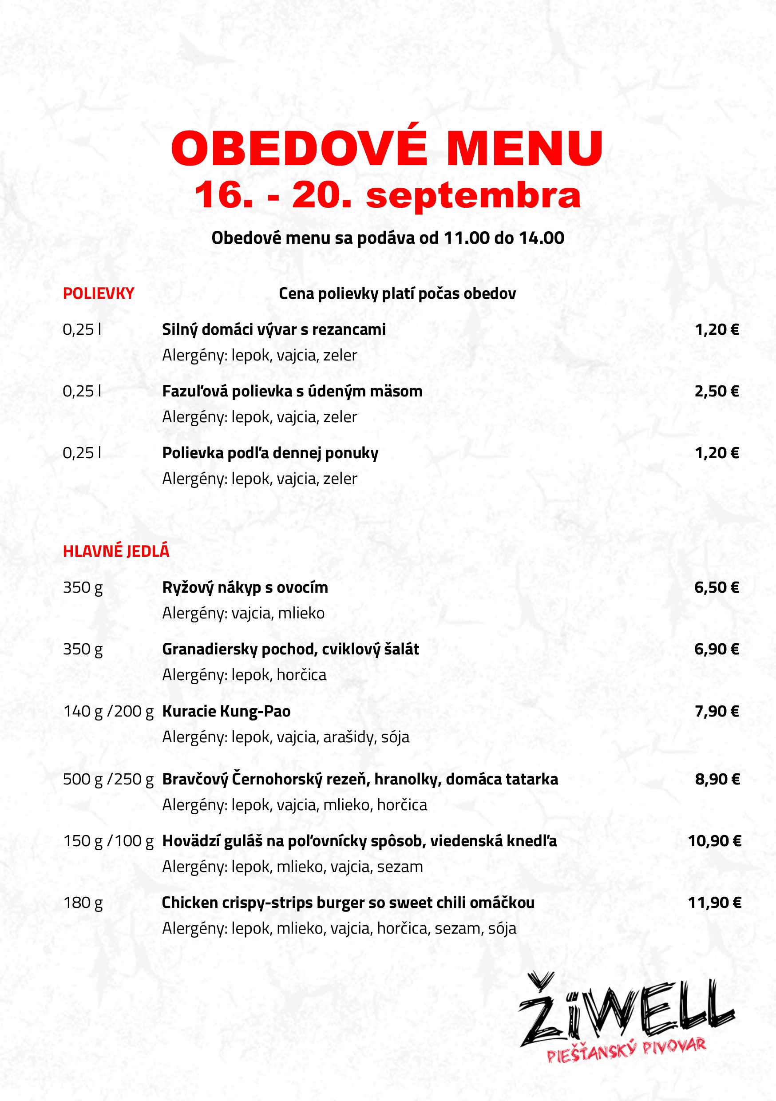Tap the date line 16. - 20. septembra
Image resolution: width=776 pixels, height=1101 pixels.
pyautogui.click(x=387, y=195)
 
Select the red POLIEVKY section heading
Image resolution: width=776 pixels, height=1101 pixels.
pyautogui.click(x=98, y=293)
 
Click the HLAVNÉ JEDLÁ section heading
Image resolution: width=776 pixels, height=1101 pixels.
pyautogui.click(x=116, y=551)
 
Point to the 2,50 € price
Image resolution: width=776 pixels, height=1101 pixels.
pyautogui.click(x=717, y=391)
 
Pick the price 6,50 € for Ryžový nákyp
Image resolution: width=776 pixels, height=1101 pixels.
pyautogui.click(x=717, y=587)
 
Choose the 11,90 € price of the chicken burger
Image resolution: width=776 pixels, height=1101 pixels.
pyautogui.click(x=715, y=903)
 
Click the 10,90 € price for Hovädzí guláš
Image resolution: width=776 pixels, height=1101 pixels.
pyautogui.click(x=715, y=840)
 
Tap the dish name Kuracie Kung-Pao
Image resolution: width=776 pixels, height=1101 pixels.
pyautogui.click(x=226, y=711)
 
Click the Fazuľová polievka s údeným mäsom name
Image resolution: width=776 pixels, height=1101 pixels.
pyautogui.click(x=292, y=391)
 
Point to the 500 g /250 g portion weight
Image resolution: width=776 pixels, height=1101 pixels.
pyautogui.click(x=108, y=779)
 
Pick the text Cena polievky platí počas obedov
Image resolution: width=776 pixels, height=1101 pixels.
pyautogui.click(x=397, y=293)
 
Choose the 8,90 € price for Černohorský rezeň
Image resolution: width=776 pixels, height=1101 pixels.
pyautogui.click(x=717, y=779)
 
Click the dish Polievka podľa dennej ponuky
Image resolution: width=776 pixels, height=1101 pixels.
pyautogui.click(x=270, y=453)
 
